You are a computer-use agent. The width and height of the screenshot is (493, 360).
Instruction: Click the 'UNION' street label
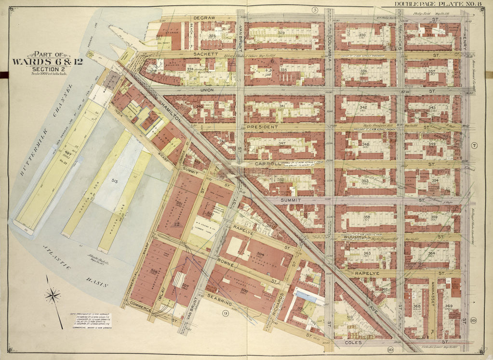[206, 89]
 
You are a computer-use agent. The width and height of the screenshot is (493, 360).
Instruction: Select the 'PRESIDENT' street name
[263, 127]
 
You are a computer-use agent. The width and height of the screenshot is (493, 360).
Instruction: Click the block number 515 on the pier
[114, 180]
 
